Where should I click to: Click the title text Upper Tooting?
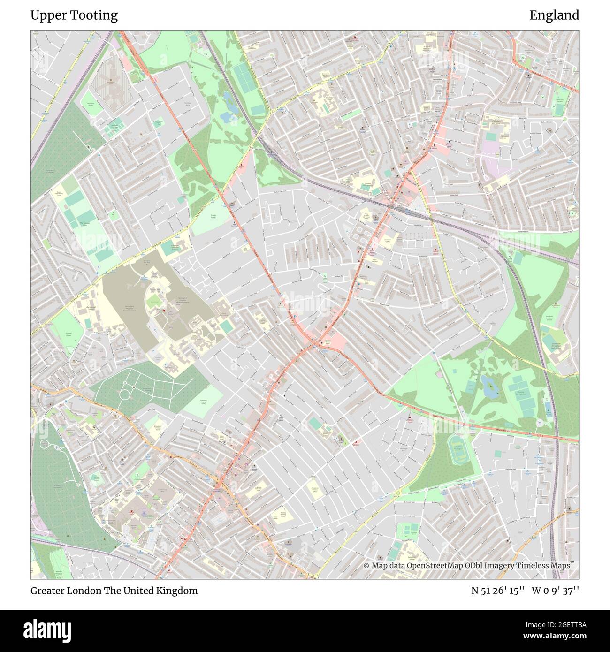click(74, 15)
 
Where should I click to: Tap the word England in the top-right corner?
click(554, 15)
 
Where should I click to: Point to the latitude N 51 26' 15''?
click(498, 591)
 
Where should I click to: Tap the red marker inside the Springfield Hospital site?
click(164, 311)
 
